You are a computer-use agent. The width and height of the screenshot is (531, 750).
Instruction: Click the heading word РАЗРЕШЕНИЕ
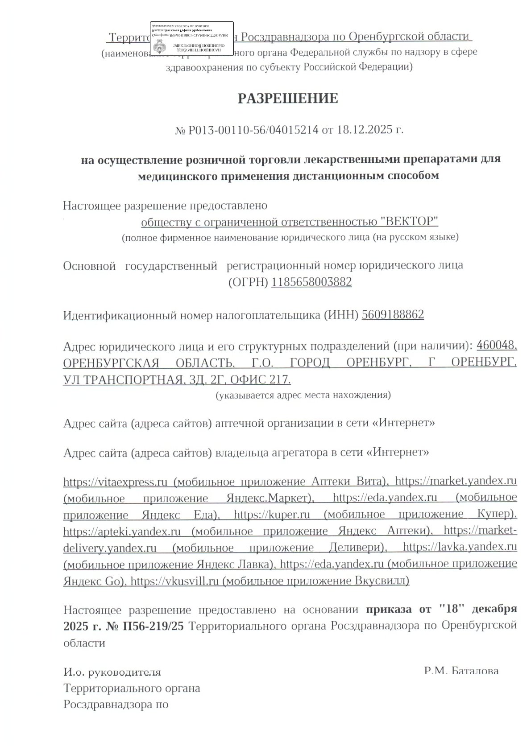click(x=287, y=99)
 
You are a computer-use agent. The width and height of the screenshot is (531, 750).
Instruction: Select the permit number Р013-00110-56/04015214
click(x=253, y=130)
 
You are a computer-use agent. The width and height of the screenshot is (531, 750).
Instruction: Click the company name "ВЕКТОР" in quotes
click(x=411, y=222)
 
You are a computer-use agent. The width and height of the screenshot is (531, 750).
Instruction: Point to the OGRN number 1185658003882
click(x=311, y=282)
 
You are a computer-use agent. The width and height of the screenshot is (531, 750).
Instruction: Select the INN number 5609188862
click(x=393, y=315)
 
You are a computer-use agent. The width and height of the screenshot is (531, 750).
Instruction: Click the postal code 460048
click(x=497, y=346)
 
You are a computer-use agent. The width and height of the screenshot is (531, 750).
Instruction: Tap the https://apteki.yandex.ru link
click(x=122, y=532)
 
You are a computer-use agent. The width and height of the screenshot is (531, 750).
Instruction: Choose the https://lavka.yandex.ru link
click(x=460, y=548)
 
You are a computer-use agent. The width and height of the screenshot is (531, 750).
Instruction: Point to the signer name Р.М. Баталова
click(x=461, y=671)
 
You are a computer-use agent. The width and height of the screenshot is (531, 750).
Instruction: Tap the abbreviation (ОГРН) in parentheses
click(x=248, y=282)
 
